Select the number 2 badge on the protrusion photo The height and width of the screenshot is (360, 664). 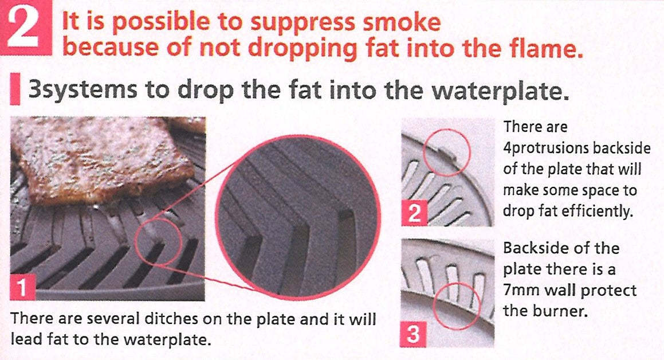pyautogui.click(x=414, y=213)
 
